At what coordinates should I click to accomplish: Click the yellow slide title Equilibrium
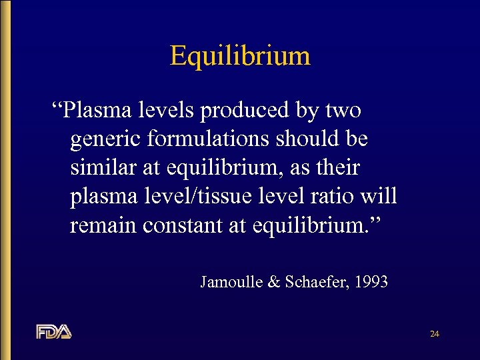(x=240, y=55)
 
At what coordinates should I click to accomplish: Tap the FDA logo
(x=54, y=331)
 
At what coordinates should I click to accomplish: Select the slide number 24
(x=434, y=333)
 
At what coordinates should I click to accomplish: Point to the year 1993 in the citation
(x=372, y=282)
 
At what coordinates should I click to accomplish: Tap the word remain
(x=101, y=225)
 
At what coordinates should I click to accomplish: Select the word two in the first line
(x=345, y=110)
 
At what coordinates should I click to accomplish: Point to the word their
(x=339, y=168)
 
